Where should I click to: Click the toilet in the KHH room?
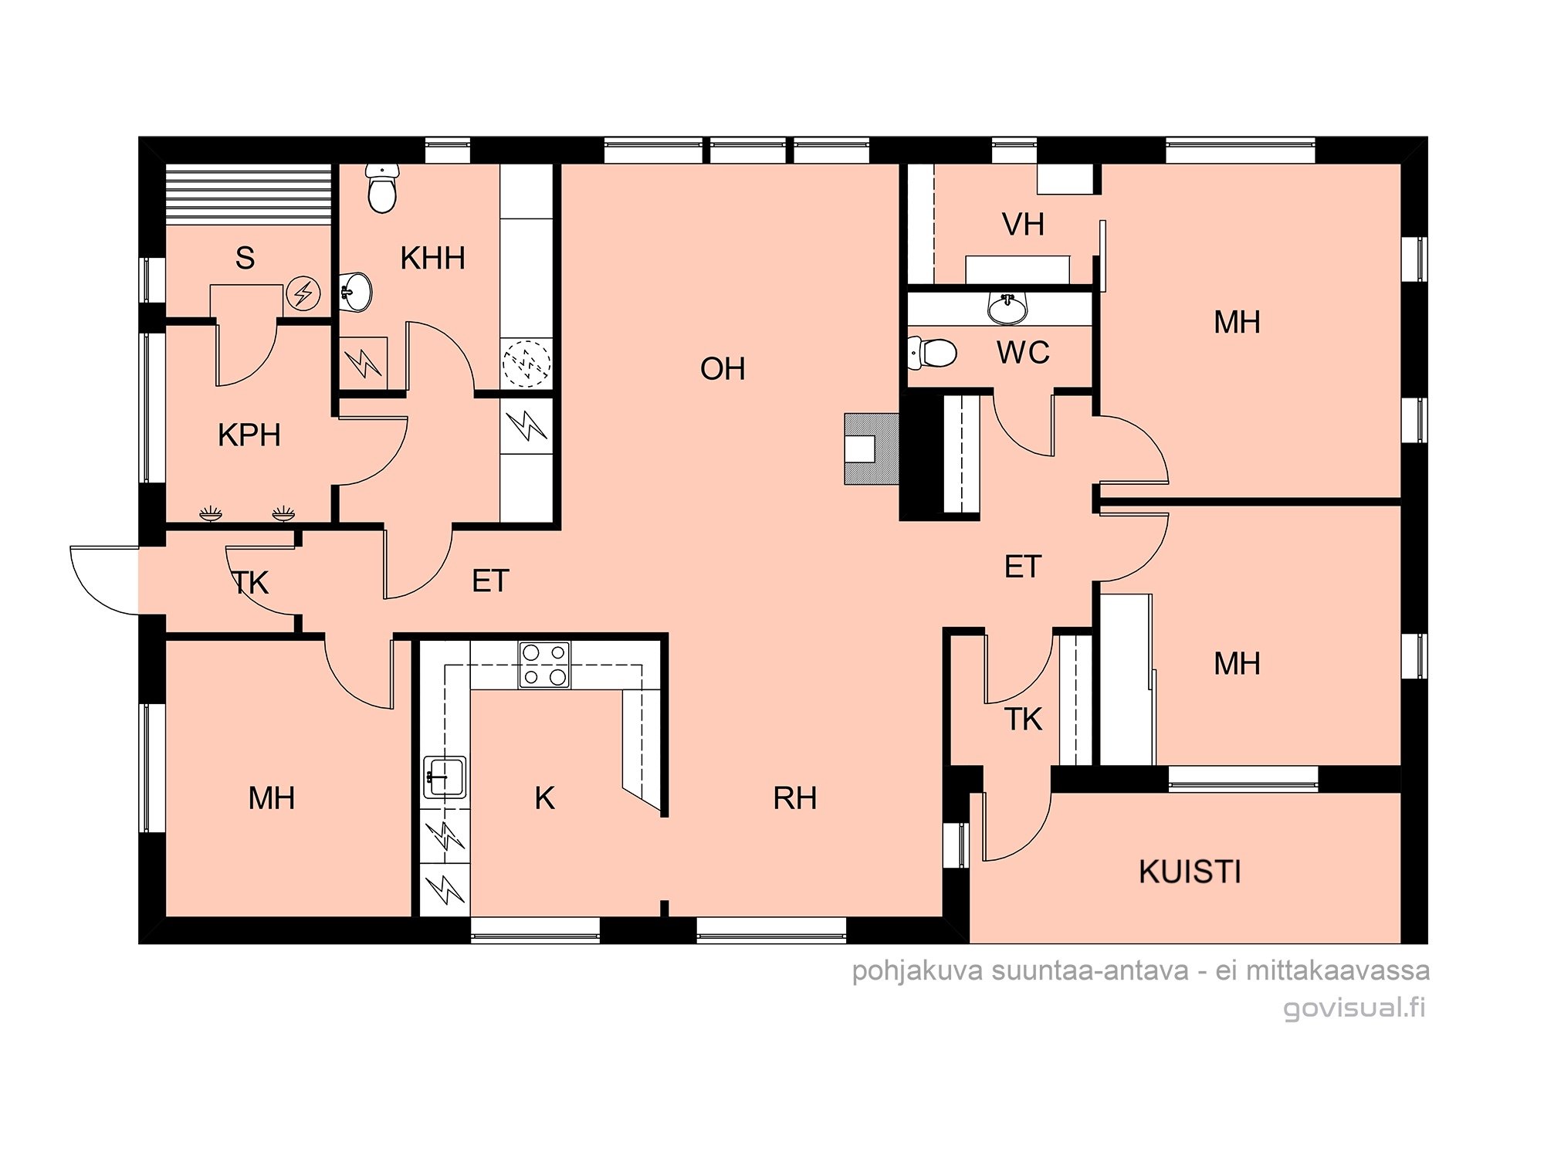coord(382,188)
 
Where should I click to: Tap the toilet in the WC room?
coord(932,353)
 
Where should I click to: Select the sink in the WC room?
coord(1007,308)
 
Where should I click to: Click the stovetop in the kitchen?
coord(544,665)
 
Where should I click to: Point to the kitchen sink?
coord(445,777)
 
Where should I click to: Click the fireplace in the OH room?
coord(872,449)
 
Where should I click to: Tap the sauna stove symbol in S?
coord(303,293)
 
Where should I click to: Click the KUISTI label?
coord(1190,872)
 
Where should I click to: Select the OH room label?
coord(723,369)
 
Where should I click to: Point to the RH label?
coord(794,798)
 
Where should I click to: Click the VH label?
coord(1023,225)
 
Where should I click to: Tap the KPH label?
coord(249,435)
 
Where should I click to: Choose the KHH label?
coord(432,259)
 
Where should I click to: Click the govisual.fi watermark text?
coord(1354,1008)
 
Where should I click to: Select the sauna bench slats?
coord(249,195)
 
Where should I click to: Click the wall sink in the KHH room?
coord(356,293)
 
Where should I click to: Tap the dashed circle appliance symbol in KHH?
coord(527,362)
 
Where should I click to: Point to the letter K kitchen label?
coord(544,798)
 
